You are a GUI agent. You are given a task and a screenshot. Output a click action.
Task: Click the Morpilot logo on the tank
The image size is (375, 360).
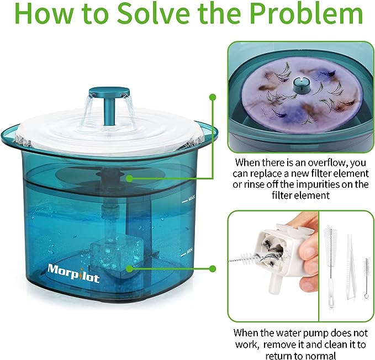pyautogui.click(x=73, y=273)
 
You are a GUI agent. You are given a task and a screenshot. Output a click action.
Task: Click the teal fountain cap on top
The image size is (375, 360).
pyautogui.click(x=109, y=92)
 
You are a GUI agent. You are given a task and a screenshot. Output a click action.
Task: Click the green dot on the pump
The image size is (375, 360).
pyautogui.click(x=129, y=269)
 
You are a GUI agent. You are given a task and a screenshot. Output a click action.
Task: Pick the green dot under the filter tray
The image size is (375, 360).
pyautogui.click(x=129, y=178)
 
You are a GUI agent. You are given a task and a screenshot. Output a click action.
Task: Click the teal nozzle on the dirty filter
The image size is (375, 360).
pyautogui.click(x=301, y=84)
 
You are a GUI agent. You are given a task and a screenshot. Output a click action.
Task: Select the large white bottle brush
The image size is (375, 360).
pyautogui.click(x=331, y=266)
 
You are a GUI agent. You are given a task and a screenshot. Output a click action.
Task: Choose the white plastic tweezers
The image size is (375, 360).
pyautogui.click(x=351, y=266)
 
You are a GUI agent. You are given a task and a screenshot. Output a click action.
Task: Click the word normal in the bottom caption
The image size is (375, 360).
pyautogui.click(x=321, y=356)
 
